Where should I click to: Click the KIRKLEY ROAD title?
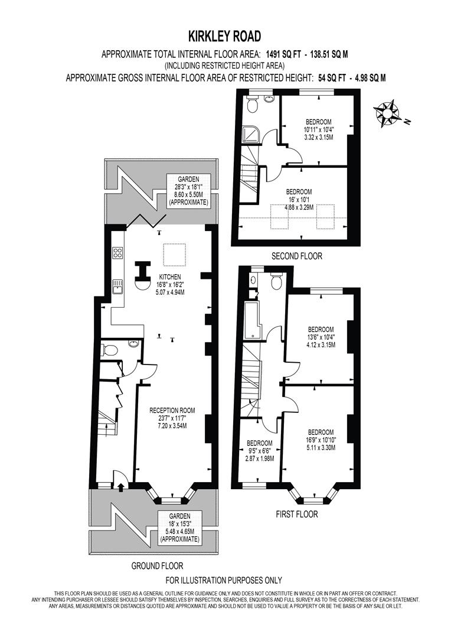[224, 36]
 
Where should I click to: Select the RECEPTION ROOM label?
[172, 411]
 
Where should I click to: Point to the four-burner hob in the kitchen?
[117, 253]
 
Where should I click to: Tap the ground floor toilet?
[110, 350]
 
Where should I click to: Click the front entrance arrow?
[120, 487]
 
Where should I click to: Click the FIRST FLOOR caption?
[296, 514]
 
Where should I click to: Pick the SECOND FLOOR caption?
[296, 256]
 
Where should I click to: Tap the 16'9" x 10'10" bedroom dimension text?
[321, 440]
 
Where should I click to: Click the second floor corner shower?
[250, 135]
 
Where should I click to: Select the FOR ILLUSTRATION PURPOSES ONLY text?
[224, 580]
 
